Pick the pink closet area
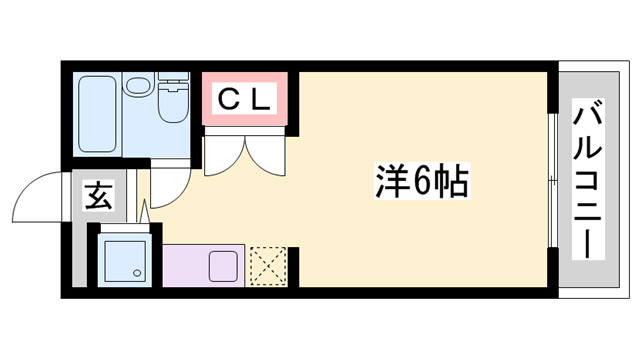tap(245, 100)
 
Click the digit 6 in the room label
tap(420, 182)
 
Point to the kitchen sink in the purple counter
tap(222, 266)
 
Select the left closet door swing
tap(220, 155)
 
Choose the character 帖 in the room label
tap(452, 182)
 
